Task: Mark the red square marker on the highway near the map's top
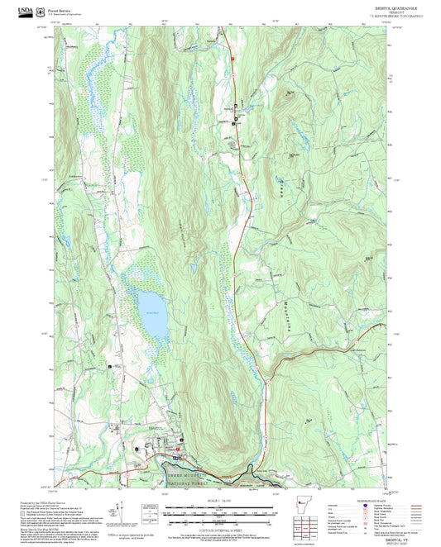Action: [x=233, y=59]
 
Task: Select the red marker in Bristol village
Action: [x=175, y=456]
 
